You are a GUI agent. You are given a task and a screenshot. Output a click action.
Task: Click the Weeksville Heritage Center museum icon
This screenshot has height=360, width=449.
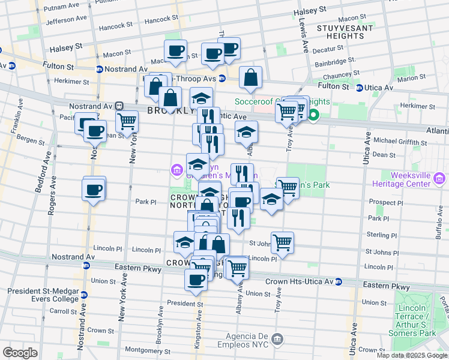[x=440, y=178]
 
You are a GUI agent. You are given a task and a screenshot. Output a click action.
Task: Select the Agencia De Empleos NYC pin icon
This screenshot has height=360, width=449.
[x=277, y=340]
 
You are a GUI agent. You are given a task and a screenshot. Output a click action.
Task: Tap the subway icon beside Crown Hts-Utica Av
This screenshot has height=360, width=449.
[x=339, y=281]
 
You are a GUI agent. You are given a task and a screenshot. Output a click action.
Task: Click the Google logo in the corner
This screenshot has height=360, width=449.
[x=20, y=352]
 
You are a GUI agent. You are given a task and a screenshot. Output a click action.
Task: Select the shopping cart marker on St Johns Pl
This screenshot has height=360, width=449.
[x=282, y=243]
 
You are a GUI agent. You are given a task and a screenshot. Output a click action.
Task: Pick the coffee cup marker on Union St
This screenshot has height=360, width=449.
[x=196, y=280]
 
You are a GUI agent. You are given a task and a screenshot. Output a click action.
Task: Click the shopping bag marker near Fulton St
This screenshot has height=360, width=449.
[x=250, y=77]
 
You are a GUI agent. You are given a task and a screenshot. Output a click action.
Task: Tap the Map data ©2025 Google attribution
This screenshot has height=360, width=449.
[x=411, y=355]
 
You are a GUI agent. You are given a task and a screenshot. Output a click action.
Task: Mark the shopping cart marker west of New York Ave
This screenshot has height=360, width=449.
[x=127, y=121]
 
